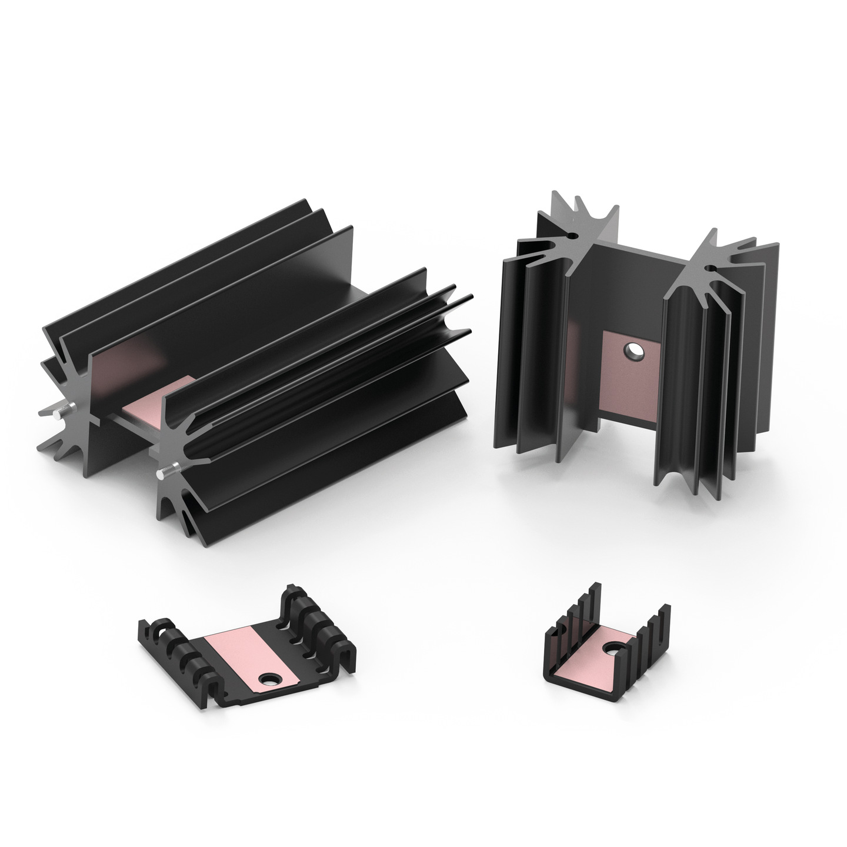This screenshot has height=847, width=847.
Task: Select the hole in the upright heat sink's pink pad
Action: click(634, 352)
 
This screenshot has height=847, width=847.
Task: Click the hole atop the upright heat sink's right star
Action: click(709, 269)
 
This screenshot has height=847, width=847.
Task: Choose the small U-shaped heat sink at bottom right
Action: click(606, 647)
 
